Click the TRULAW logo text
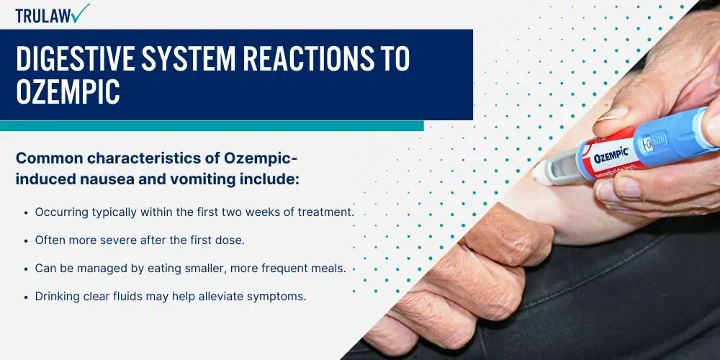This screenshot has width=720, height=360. point(44,16)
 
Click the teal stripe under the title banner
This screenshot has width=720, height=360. point(212,126)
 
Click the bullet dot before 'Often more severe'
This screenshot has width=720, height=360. point(26,240)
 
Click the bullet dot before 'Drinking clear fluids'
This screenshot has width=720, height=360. point(26,297)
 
